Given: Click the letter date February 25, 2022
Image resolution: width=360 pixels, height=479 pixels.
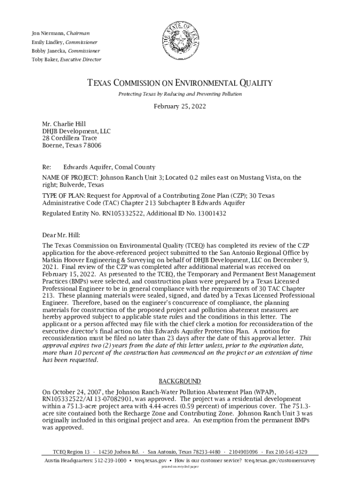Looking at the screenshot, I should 180,107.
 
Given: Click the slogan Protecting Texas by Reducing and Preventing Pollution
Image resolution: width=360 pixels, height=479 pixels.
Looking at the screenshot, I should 180,94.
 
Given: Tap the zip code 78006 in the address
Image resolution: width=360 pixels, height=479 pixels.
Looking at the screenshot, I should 92,145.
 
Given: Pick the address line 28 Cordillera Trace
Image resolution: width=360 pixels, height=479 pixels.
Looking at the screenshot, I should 70,138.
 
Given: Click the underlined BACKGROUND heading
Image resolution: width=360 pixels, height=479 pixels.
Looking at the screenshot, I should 180,381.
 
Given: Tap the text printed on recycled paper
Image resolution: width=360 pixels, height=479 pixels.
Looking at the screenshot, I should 180,467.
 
